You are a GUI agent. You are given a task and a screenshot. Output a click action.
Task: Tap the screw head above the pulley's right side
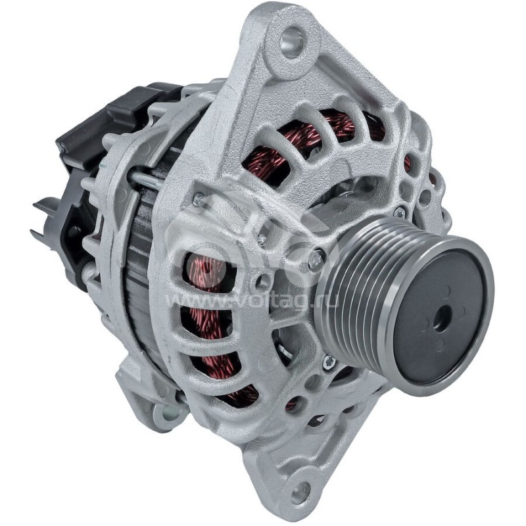click(x=399, y=212)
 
